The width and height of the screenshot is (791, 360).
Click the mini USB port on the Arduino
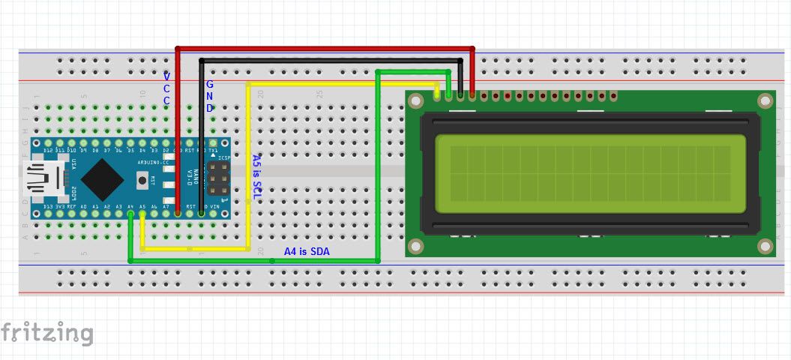click(37, 178)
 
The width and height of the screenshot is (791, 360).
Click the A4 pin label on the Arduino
click(130, 206)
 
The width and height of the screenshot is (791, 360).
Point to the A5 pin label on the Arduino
click(142, 206)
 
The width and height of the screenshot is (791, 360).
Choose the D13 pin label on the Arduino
click(49, 206)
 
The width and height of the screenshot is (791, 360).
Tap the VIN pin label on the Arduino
click(215, 206)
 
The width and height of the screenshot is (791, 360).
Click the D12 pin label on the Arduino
click(49, 151)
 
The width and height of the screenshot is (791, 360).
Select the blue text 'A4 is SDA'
click(306, 251)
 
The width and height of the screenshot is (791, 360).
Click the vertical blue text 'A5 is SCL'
click(256, 177)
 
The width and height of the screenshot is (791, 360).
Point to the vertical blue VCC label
click(166, 88)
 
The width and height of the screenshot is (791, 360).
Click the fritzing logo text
click(46, 332)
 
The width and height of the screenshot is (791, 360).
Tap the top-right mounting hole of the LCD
click(765, 100)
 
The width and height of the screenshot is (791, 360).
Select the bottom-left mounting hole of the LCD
click(415, 246)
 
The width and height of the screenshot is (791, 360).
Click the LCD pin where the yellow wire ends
click(437, 96)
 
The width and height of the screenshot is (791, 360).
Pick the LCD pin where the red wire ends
click(472, 96)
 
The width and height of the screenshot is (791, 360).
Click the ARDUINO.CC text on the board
click(154, 162)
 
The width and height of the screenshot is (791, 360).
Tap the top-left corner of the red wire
click(178, 49)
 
